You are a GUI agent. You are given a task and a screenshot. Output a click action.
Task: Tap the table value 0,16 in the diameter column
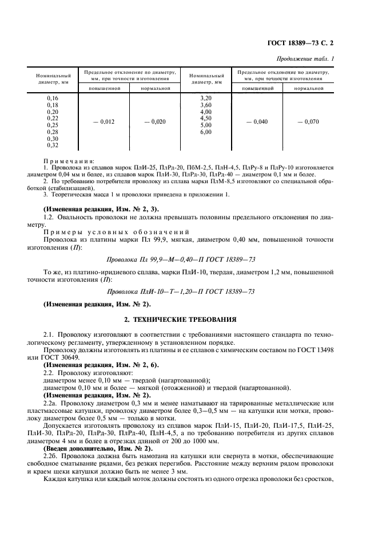pyautogui.click(x=53, y=98)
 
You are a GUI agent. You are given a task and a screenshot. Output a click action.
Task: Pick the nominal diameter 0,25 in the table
pyautogui.click(x=53, y=125)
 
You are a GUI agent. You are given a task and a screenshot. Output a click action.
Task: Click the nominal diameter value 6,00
pyautogui.click(x=205, y=132)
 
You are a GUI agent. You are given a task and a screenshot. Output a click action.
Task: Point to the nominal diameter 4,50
pyautogui.click(x=205, y=119)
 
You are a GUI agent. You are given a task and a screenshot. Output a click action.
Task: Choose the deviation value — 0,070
pyautogui.click(x=309, y=122)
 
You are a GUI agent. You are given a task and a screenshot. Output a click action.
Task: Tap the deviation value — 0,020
pyautogui.click(x=154, y=122)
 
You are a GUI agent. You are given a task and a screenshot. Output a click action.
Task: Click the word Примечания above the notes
pyautogui.click(x=69, y=162)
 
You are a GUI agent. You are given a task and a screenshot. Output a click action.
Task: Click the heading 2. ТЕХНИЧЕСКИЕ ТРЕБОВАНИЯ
pyautogui.click(x=189, y=319)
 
